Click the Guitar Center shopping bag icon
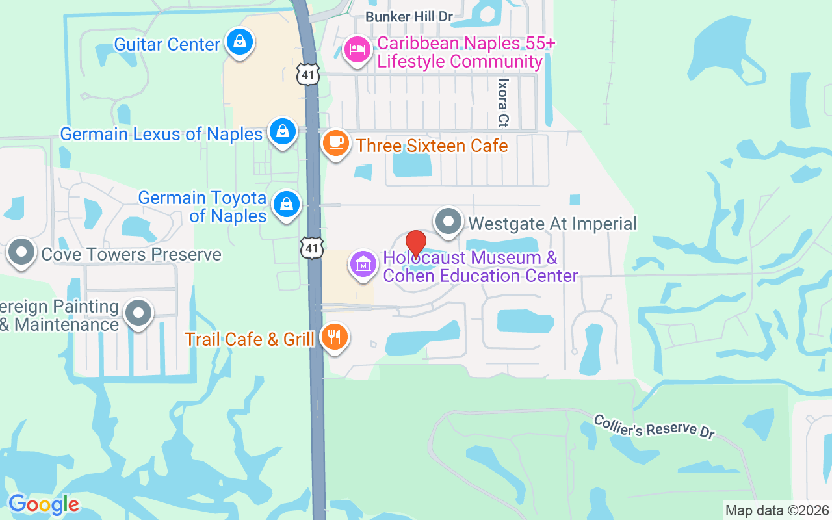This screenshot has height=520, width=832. [240, 42]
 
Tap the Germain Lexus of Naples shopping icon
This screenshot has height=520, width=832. [283, 131]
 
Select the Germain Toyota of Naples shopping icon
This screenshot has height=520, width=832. [286, 204]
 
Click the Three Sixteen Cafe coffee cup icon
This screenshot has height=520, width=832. [336, 143]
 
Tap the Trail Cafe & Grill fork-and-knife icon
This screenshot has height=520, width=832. [334, 337]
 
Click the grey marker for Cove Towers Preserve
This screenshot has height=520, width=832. [21, 253]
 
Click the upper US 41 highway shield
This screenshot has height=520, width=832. [308, 75]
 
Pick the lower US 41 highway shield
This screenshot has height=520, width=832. [313, 248]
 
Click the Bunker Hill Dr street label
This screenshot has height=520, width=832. [408, 16]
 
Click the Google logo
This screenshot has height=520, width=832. [44, 504]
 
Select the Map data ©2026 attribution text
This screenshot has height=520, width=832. [777, 510]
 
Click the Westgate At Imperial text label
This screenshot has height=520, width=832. [552, 224]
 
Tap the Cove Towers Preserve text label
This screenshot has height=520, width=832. [131, 254]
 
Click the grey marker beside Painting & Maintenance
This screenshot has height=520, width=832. [138, 313]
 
